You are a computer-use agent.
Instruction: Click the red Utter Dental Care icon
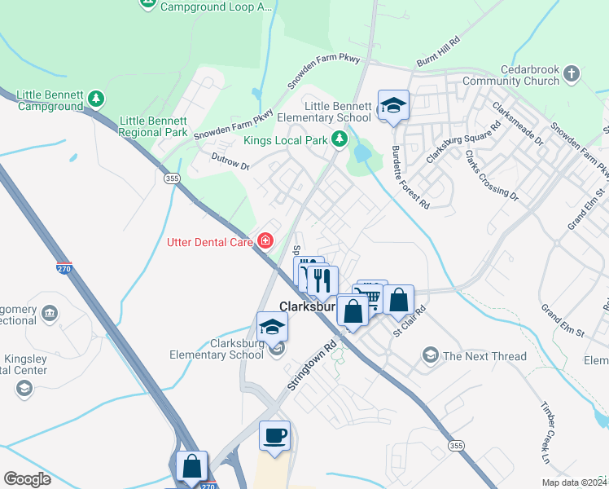point(265,240)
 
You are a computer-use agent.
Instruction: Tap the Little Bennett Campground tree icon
point(97,99)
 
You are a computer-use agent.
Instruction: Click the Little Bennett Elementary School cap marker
point(393,105)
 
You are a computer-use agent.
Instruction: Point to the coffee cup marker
point(274,434)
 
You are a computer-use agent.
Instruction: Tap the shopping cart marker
point(372,296)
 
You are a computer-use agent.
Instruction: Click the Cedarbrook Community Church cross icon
point(572,74)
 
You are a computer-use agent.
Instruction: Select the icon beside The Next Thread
point(431,355)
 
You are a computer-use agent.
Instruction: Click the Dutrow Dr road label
point(230,162)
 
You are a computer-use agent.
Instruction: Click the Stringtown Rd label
point(311,363)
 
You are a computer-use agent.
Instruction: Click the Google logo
point(27,479)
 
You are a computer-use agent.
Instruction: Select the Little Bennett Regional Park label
point(154,126)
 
